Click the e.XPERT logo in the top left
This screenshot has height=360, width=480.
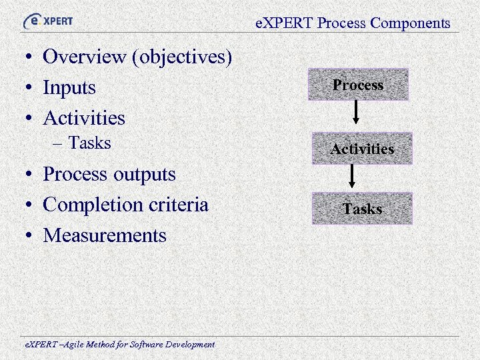48,21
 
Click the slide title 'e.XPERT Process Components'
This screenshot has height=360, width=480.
353,23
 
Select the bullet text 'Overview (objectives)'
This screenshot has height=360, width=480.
137,57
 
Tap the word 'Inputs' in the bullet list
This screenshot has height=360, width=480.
69,88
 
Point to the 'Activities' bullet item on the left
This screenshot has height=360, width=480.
84,118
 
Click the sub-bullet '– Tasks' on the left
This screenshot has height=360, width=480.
83,143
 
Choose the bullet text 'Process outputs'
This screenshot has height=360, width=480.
109,175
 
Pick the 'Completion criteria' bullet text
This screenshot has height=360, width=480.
125,205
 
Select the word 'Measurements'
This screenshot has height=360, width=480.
105,235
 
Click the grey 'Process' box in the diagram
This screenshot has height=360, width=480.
358,85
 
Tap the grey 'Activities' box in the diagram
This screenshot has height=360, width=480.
362,149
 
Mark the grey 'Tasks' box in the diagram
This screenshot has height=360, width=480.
362,209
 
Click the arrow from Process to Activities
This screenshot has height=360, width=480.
357,112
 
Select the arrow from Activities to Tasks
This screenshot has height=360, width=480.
353,175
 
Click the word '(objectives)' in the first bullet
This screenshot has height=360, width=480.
182,57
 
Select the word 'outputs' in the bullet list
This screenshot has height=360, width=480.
146,175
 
